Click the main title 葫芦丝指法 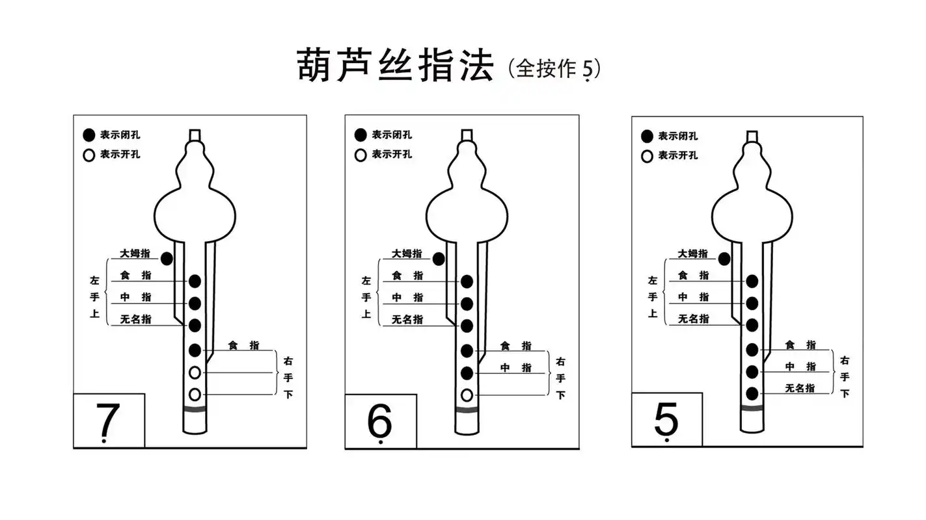tap(395, 66)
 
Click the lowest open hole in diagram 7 tap(195, 395)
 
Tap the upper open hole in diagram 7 tap(195, 372)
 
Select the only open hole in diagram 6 tap(467, 395)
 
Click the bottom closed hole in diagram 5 tap(752, 393)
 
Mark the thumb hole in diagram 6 tap(439, 259)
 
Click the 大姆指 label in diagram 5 tap(692, 253)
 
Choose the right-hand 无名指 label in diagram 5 tap(800, 388)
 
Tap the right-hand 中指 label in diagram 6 tap(515, 368)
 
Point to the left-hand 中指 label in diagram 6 tap(407, 297)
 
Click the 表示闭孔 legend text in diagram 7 tap(120, 135)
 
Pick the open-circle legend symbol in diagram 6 tap(361, 155)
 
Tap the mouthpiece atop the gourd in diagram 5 tap(752, 136)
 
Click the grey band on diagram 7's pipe tap(195, 409)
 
